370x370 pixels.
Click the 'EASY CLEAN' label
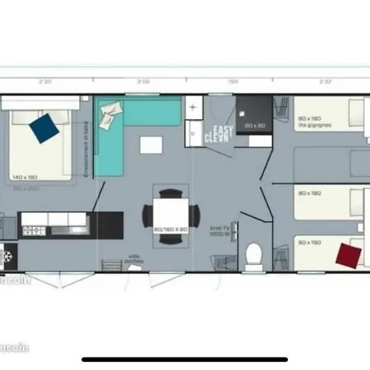pos(222,135)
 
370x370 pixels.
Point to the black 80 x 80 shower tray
pos(253,118)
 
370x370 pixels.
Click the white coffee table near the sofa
pos(151,146)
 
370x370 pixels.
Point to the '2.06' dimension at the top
pos(143,81)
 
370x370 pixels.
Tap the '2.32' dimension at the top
pos(326,81)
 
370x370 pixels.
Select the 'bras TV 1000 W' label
pos(219,231)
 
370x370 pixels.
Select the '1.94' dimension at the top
pos(234,81)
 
